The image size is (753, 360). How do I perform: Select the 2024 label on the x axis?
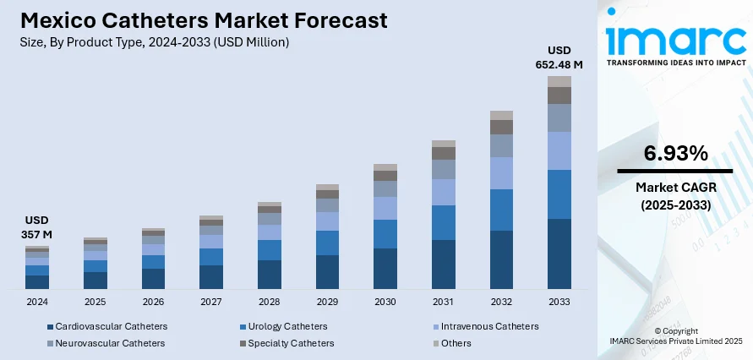37,302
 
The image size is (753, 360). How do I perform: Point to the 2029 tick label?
327,302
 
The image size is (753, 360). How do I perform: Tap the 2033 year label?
559,302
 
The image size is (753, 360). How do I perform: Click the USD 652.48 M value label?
559,57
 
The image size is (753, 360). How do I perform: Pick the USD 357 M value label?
37,226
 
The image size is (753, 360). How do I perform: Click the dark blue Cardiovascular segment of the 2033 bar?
559,254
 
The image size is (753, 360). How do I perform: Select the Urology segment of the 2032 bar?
501,210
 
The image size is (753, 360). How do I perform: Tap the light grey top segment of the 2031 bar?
444,144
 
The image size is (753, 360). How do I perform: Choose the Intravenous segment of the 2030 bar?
385,208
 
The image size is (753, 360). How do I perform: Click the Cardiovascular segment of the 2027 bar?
211,277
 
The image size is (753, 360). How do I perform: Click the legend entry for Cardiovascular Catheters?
106,326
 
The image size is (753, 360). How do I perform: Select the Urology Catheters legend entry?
281,326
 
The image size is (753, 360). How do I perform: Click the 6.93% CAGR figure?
675,153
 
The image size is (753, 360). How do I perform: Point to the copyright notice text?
674,335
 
